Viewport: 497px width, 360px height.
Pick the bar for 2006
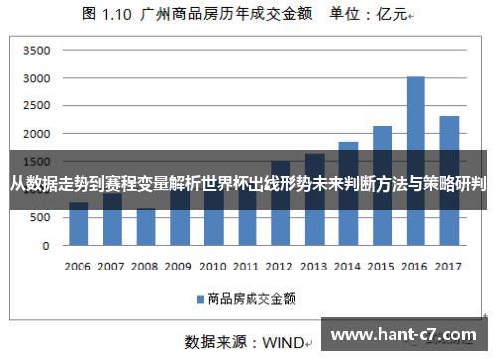[79, 224]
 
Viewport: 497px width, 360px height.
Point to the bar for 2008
[146, 227]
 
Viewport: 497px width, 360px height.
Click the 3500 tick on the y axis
[37, 50]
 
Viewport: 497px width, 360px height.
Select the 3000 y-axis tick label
[37, 78]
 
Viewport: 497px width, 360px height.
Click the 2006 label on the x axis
[79, 267]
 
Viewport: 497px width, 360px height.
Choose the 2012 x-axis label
[280, 267]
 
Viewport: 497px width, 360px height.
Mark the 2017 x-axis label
[449, 267]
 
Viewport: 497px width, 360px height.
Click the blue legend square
[200, 298]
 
